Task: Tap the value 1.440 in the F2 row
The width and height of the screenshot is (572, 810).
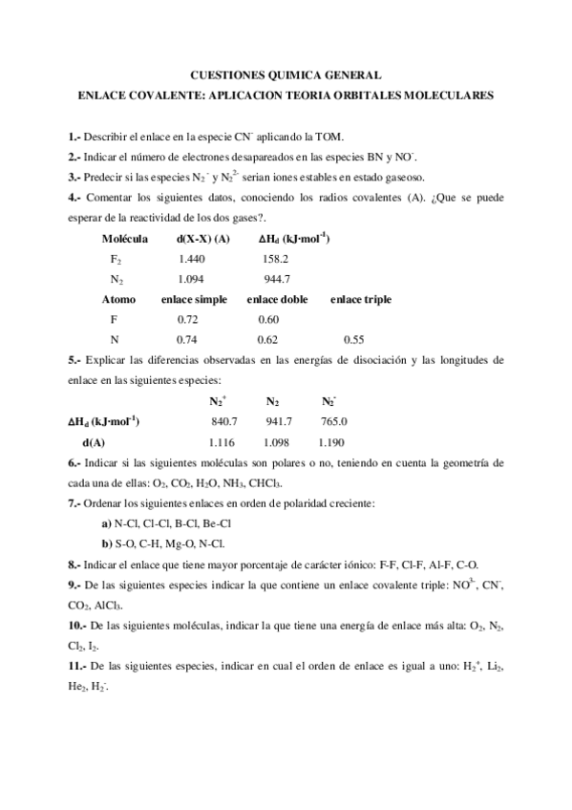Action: coord(191,258)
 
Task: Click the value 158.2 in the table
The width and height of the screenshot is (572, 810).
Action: coord(275,258)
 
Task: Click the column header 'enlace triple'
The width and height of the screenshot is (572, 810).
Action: coord(361,299)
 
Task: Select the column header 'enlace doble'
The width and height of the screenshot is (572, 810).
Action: coord(275,299)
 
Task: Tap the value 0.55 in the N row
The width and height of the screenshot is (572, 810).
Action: coord(354,339)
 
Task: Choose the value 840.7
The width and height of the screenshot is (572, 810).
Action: coord(223,421)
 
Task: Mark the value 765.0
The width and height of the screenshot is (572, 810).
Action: coord(334,421)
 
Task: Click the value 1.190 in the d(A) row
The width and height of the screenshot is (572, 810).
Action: coord(331,442)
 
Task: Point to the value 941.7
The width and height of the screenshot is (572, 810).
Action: coord(279,421)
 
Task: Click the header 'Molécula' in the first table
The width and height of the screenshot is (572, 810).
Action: coord(124,238)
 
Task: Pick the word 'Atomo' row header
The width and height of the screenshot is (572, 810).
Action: coord(118,299)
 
